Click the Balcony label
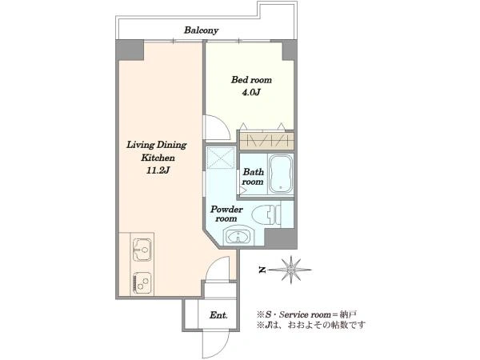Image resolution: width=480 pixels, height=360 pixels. click(x=201, y=30)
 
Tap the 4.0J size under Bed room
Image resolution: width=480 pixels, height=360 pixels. click(x=251, y=93)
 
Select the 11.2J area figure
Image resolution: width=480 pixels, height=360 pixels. click(x=158, y=170)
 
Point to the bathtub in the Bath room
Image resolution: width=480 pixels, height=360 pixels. click(x=281, y=174)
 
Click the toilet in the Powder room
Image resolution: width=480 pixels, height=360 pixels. click(x=266, y=214)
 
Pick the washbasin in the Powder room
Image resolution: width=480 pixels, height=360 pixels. click(x=238, y=235)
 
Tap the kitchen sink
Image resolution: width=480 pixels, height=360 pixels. click(x=142, y=250)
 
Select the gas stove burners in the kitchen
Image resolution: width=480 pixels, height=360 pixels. click(x=142, y=284)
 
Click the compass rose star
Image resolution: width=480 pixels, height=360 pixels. click(x=291, y=270)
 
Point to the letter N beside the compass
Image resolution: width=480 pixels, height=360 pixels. click(x=262, y=270)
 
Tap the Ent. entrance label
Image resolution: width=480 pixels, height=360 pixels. click(x=218, y=315)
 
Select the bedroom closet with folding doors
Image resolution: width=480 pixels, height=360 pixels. click(x=266, y=141)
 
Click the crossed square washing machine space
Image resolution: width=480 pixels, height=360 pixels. click(x=221, y=158)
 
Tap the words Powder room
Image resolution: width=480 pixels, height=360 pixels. click(x=226, y=214)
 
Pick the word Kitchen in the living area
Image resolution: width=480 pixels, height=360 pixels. click(x=158, y=158)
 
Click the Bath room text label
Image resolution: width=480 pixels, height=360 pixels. click(x=253, y=177)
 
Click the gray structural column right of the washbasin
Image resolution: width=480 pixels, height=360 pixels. click(x=281, y=238)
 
